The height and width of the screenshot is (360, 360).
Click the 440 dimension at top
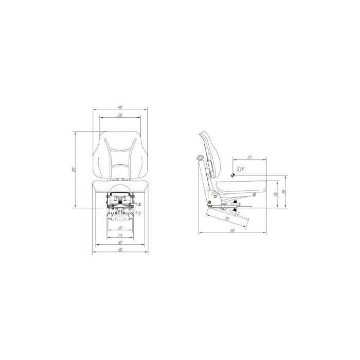pos(120,106)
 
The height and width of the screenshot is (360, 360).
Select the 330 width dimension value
pos(120,115)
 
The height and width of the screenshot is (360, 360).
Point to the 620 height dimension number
pos(74,170)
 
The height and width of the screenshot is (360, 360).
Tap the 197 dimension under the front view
pos(120,227)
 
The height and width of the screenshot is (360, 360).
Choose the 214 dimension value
pos(120,235)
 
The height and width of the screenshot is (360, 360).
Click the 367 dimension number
pos(120,243)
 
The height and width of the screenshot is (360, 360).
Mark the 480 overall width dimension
pos(120,250)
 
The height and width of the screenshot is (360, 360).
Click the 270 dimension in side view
pos(249,156)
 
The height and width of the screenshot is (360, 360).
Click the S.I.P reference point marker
pos(232,175)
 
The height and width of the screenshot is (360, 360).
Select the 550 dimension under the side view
pos(232,230)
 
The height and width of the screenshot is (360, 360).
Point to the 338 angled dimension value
pos(226,218)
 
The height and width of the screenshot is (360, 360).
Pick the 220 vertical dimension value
pos(276,194)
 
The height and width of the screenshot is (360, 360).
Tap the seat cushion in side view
pos(242,184)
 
